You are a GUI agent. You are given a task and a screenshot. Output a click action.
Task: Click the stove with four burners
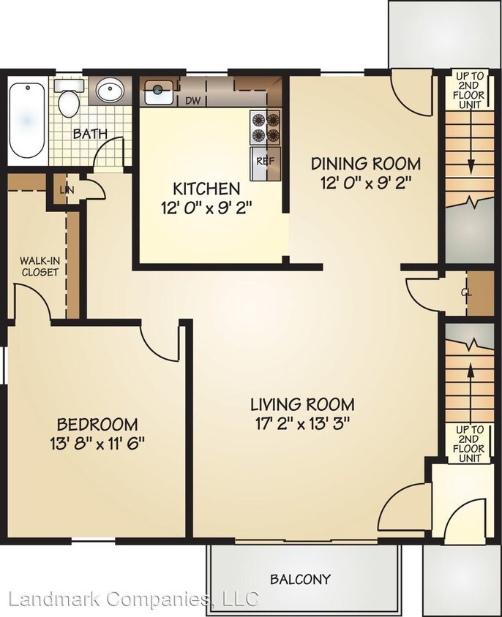266,127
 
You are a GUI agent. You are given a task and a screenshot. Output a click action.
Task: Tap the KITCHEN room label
206,189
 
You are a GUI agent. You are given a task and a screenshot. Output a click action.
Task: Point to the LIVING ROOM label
302,404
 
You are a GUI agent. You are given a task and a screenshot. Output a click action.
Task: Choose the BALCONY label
300,580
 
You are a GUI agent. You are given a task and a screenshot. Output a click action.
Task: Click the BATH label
91,134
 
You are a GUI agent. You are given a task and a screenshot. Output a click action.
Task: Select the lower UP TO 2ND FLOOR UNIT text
469,444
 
